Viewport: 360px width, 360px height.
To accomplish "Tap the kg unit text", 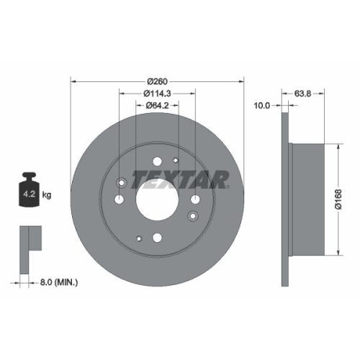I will (47, 195).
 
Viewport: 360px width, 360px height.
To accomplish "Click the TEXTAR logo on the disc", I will (191, 178).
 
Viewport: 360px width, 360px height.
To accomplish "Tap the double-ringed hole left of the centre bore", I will (120, 181).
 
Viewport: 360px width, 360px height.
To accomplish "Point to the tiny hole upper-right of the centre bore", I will (176, 161).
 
